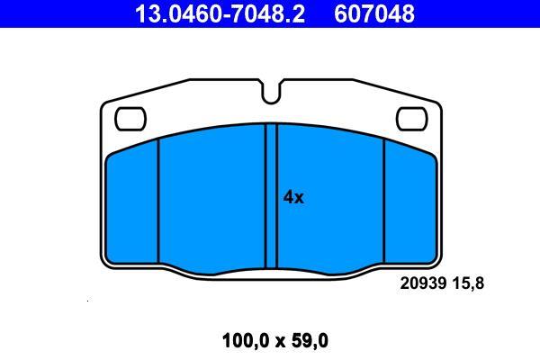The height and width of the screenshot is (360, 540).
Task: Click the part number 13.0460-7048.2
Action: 220,13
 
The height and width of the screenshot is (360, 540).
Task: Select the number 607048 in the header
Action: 374,13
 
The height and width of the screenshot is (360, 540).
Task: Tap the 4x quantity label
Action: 293,197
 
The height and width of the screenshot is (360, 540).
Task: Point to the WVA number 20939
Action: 423,283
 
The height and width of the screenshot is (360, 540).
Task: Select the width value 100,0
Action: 246,341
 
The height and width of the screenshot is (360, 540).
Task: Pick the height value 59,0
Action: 310,341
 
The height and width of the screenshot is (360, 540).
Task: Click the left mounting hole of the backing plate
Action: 130,119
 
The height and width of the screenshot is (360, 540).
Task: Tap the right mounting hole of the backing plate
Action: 411,119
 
